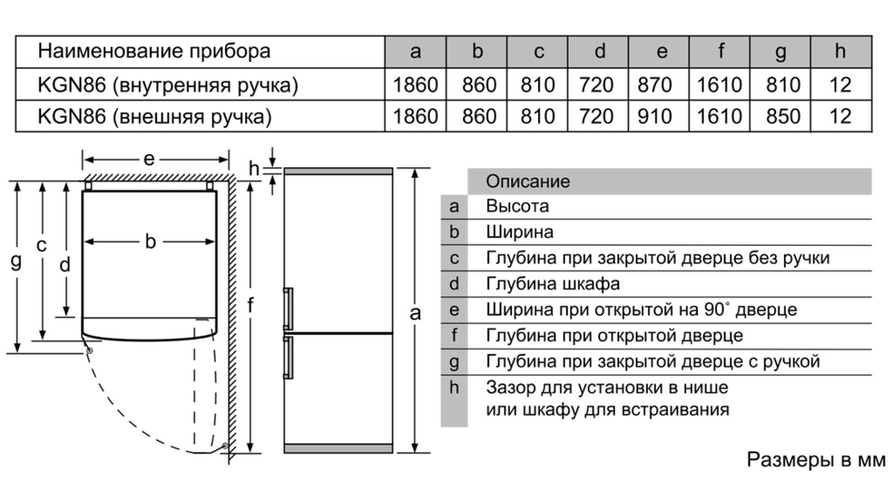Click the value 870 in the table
[654, 85]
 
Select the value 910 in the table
[654, 116]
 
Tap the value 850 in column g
[782, 116]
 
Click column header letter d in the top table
[599, 51]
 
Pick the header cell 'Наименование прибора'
[154, 51]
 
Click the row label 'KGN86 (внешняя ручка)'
[154, 116]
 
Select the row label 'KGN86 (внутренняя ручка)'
[168, 85]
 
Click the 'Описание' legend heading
[528, 182]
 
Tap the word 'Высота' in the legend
[517, 206]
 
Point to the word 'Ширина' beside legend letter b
[520, 232]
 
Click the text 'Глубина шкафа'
[553, 284]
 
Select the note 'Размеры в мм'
[815, 460]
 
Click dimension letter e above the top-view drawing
[149, 160]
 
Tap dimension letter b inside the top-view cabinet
[150, 241]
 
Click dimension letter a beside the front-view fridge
[415, 313]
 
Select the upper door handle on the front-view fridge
[288, 309]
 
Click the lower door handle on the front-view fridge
[288, 357]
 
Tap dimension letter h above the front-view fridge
[254, 169]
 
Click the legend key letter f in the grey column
[454, 335]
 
